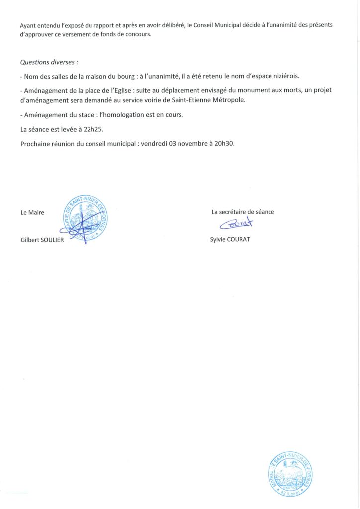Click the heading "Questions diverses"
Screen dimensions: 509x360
[x=49, y=63]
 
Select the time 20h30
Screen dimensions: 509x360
[x=224, y=144]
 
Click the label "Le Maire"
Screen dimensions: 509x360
[x=32, y=212]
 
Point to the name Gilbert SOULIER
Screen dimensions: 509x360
[x=42, y=239]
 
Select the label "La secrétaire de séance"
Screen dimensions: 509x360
[x=243, y=212]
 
